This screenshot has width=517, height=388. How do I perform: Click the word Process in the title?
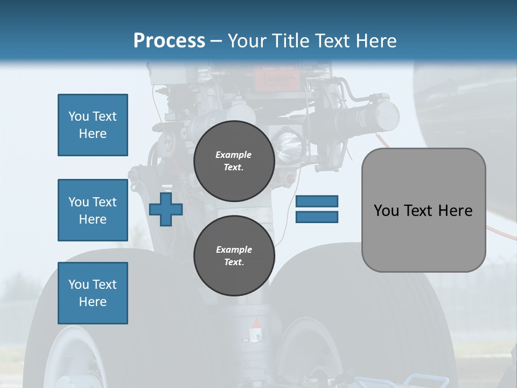tap(169, 40)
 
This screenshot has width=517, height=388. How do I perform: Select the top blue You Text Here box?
tap(93, 125)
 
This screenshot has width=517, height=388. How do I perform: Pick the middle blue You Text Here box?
tap(93, 210)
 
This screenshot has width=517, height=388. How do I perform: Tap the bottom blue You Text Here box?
tap(93, 293)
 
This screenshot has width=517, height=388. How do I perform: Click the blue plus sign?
tap(166, 209)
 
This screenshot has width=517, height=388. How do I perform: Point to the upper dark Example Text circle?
tap(234, 161)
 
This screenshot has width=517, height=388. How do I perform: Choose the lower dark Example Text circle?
tap(234, 255)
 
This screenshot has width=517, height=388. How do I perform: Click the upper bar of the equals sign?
tap(317, 201)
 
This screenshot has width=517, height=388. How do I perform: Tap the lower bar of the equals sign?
tap(317, 217)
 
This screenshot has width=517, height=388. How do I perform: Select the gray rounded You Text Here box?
tap(423, 210)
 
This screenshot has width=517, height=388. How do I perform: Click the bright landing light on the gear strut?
tap(288, 144)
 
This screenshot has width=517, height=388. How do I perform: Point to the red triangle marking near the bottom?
tap(257, 323)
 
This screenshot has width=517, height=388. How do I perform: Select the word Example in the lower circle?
tap(234, 250)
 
